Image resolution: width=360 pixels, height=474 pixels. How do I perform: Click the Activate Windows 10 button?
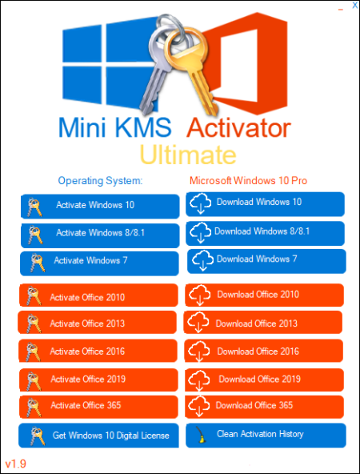[x=100, y=207]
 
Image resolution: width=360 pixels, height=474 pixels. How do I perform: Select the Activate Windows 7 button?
[x=99, y=263]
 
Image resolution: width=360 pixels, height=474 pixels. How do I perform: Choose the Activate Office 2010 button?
[x=98, y=295]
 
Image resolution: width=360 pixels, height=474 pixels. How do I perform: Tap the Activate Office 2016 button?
[x=98, y=351]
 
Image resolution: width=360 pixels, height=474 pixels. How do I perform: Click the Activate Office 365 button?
[x=98, y=407]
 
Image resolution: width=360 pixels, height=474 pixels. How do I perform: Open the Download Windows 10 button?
[x=265, y=204]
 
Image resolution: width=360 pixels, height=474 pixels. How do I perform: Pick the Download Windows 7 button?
[x=266, y=261]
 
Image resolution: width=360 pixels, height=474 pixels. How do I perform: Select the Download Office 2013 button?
[x=263, y=322]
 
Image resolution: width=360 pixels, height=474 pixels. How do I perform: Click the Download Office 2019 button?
[x=265, y=380]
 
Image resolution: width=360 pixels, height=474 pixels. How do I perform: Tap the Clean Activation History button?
[x=266, y=436]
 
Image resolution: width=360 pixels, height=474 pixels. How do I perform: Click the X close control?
[x=355, y=5]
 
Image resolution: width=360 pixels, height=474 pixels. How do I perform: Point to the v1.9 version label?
[x=16, y=464]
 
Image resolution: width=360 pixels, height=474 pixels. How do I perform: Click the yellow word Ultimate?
[x=188, y=155]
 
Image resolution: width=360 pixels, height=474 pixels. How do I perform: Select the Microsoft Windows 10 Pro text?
[x=248, y=181]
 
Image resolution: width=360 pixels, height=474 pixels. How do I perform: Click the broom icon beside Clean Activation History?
[x=200, y=435]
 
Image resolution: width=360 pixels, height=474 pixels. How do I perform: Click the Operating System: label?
[x=100, y=181]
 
